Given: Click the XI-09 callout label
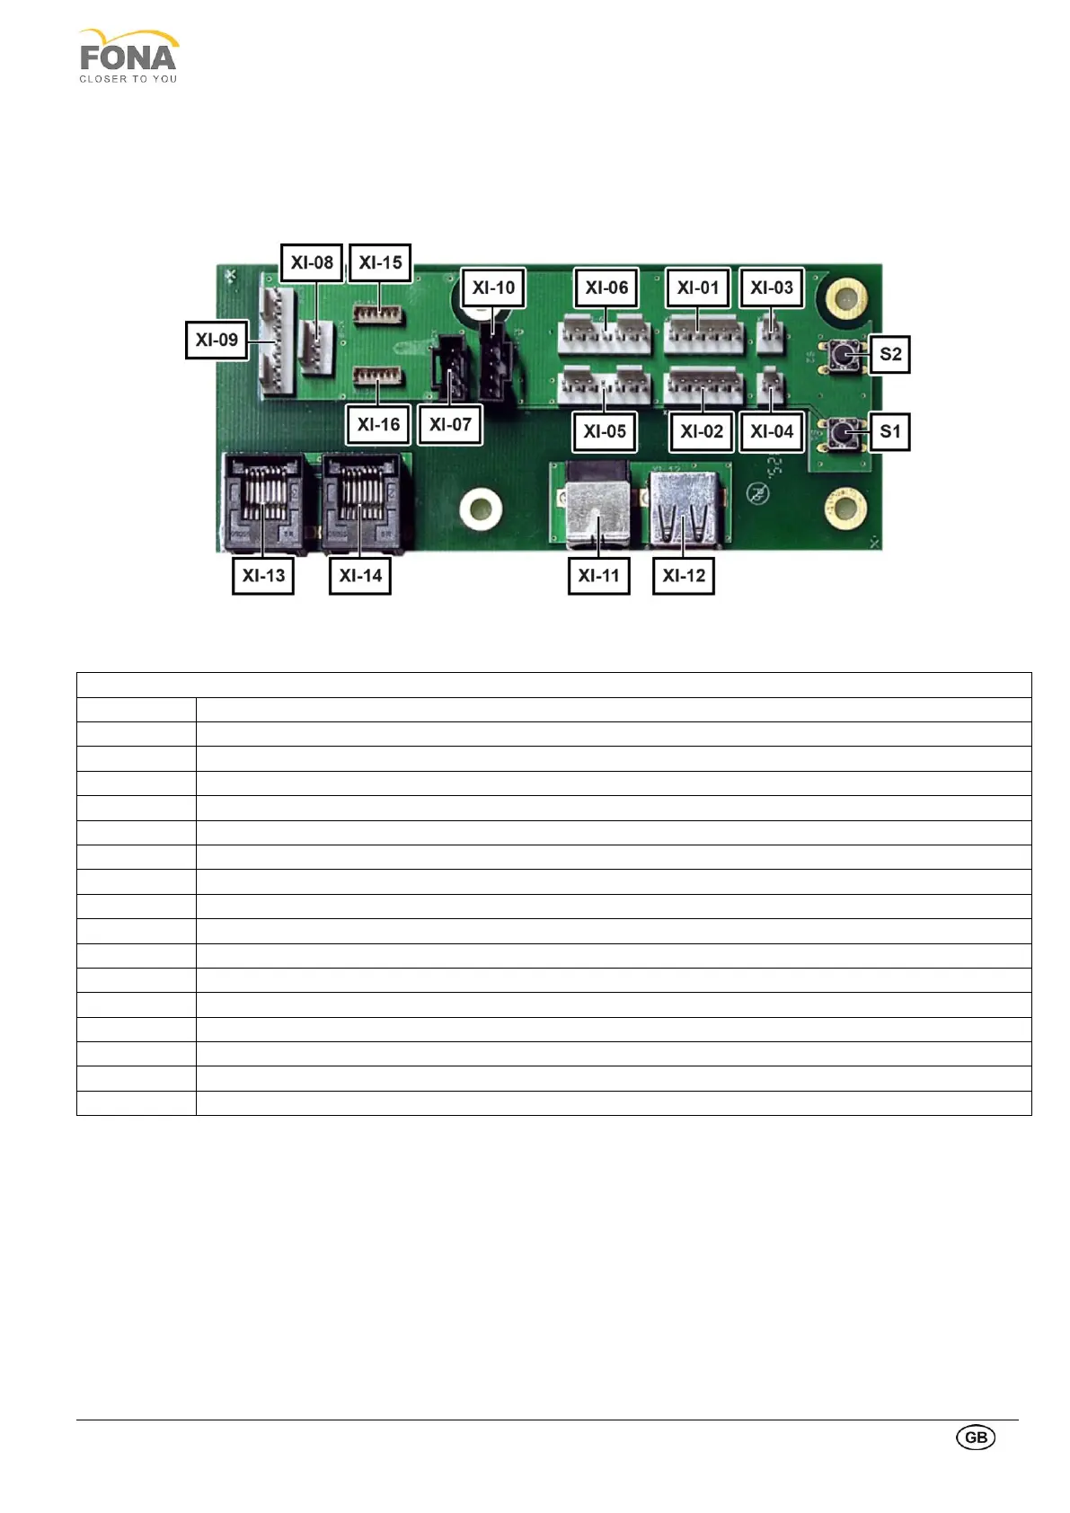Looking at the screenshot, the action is [x=217, y=340].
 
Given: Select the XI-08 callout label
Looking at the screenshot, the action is [x=312, y=262].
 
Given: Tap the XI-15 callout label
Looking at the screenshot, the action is [x=380, y=262].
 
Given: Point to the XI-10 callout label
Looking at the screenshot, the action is [x=493, y=288].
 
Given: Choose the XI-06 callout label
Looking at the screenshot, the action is [x=606, y=288].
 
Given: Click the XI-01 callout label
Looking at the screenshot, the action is [x=698, y=288].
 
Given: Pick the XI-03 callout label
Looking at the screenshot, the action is [x=772, y=288].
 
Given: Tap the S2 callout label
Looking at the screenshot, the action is [x=890, y=354].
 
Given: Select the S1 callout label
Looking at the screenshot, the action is [x=890, y=431].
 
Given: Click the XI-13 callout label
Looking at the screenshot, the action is [x=263, y=575].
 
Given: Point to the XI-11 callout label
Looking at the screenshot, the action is [x=598, y=575].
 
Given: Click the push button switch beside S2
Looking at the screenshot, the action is [x=844, y=357].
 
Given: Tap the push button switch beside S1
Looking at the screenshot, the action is [x=842, y=435].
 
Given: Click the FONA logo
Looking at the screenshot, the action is [x=128, y=57].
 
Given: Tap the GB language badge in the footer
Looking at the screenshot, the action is [x=976, y=1437].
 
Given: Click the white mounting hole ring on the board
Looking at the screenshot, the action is [x=480, y=509].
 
